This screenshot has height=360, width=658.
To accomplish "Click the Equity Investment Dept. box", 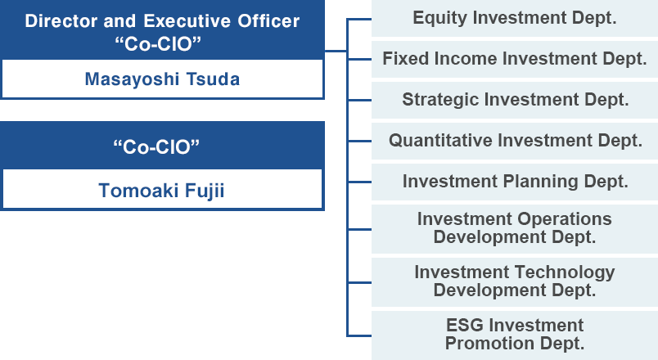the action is click(515, 18).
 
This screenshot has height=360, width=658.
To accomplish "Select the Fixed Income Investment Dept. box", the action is click(515, 59).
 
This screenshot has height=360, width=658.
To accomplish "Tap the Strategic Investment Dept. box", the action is click(515, 100).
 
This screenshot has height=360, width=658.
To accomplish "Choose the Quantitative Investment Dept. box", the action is click(515, 141).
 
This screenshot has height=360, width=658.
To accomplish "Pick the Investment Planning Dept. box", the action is click(515, 182).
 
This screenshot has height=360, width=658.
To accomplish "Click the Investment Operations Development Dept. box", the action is click(515, 228).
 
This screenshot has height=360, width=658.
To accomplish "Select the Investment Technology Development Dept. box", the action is click(515, 282).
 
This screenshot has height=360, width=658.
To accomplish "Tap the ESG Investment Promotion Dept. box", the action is click(515, 335).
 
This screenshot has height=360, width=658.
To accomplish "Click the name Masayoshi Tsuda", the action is click(162, 79).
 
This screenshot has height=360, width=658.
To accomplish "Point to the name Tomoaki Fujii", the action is click(161, 191).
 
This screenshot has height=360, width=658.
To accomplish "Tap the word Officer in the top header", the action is click(268, 21).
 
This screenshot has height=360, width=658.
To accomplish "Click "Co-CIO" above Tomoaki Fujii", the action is click(156, 146).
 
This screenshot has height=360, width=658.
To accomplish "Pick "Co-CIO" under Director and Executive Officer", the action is click(158, 43).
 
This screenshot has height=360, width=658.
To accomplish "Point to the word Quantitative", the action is click(440, 141).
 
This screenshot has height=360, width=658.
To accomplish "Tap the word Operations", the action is click(565, 219).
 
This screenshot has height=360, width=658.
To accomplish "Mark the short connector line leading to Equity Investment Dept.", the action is click(359, 19).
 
